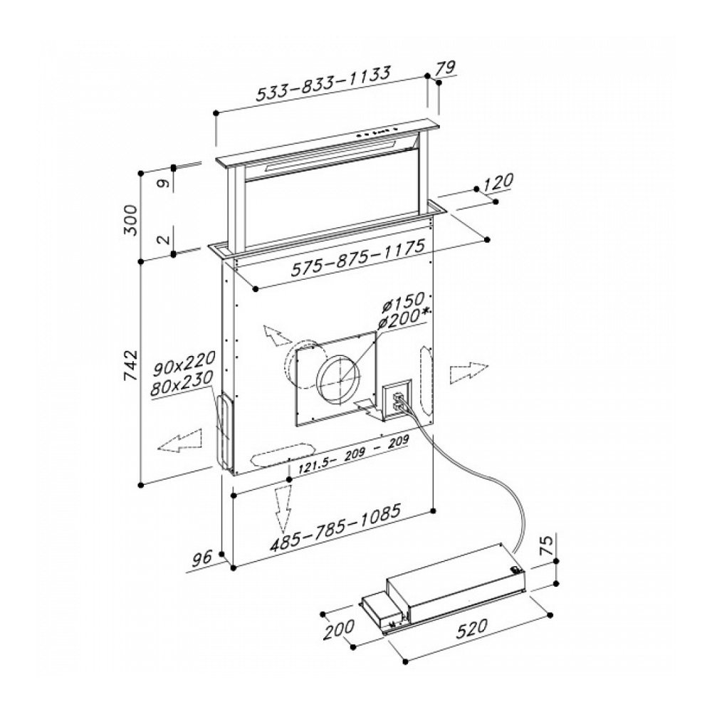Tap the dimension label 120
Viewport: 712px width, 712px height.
point(498,183)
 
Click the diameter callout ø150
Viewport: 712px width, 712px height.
point(403,303)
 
